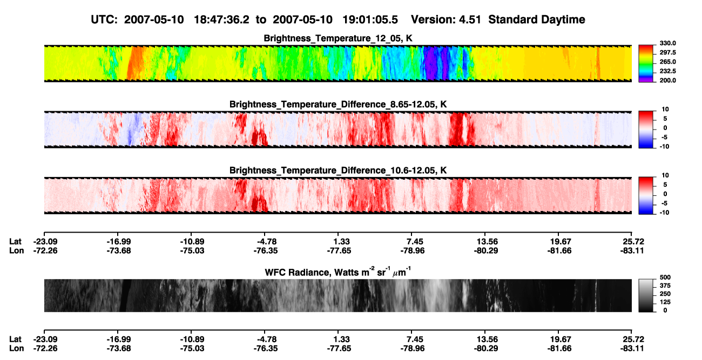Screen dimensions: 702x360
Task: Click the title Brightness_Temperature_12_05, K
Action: (338, 38)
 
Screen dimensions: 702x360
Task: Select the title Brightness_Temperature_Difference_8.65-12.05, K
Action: (338, 104)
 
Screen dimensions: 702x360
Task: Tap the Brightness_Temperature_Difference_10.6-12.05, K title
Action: (338, 171)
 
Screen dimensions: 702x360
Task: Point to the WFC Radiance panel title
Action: (338, 271)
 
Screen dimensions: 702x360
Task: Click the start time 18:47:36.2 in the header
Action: (221, 20)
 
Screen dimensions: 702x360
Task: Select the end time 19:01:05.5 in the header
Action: (370, 20)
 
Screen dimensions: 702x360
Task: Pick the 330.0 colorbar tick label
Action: (667, 43)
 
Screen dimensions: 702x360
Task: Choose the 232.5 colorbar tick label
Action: (667, 71)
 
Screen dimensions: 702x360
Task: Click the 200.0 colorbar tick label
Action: (667, 80)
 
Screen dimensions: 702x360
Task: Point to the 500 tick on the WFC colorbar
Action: (665, 277)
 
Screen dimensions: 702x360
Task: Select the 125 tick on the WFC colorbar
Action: (665, 302)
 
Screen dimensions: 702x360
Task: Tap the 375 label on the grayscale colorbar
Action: (665, 286)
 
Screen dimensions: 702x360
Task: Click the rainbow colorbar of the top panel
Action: (646, 64)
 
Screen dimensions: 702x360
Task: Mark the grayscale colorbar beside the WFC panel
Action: (646, 295)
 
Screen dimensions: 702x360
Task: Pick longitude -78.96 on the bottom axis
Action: (413, 349)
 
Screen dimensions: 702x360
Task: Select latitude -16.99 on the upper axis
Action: (119, 242)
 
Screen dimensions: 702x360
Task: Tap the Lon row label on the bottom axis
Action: (17, 349)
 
